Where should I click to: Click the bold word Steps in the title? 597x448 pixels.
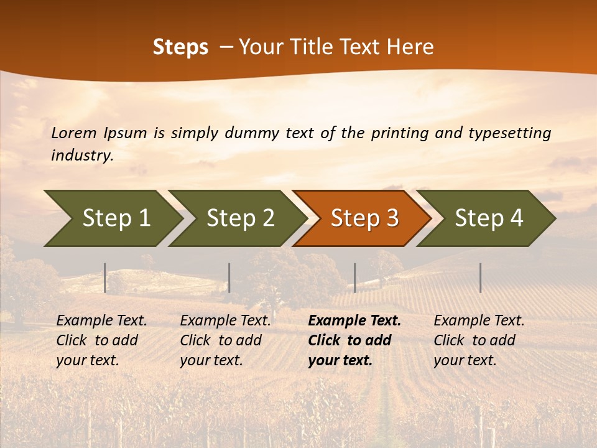click(180, 47)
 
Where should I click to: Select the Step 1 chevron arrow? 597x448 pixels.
click(112, 218)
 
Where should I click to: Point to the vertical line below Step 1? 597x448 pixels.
click(105, 278)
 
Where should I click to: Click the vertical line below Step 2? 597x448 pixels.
click(229, 278)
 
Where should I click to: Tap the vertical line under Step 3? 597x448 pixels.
click(354, 278)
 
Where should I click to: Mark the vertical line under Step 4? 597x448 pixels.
click(480, 278)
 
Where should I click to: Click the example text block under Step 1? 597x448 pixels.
click(101, 340)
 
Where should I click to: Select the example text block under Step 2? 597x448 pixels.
click(225, 340)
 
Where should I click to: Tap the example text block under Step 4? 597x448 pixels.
click(479, 340)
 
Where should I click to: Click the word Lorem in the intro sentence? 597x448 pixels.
click(73, 133)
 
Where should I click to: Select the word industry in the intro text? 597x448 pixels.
click(81, 156)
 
